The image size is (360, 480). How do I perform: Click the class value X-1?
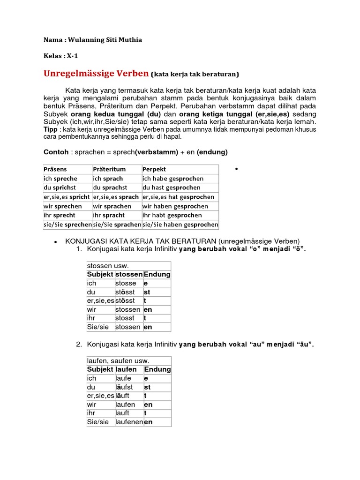click(72, 56)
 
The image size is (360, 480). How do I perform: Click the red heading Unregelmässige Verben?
click(96, 74)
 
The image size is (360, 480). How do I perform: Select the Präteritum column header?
click(110, 169)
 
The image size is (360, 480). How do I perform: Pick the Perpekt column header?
click(154, 169)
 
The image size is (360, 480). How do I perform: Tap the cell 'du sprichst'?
click(60, 187)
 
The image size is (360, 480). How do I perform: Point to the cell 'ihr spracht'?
click(109, 215)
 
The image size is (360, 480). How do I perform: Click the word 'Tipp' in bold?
click(51, 129)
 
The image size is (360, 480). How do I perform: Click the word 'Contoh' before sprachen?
click(56, 152)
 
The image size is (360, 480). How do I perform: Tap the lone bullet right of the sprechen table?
click(237, 169)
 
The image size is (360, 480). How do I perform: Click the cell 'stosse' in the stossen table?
click(126, 283)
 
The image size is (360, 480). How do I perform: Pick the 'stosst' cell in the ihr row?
click(125, 318)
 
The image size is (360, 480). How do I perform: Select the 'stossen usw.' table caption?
click(108, 266)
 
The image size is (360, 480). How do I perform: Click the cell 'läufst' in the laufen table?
click(124, 387)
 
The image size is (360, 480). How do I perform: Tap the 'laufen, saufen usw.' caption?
click(118, 361)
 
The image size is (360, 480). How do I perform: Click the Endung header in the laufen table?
click(157, 369)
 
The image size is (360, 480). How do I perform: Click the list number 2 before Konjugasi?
click(79, 345)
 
